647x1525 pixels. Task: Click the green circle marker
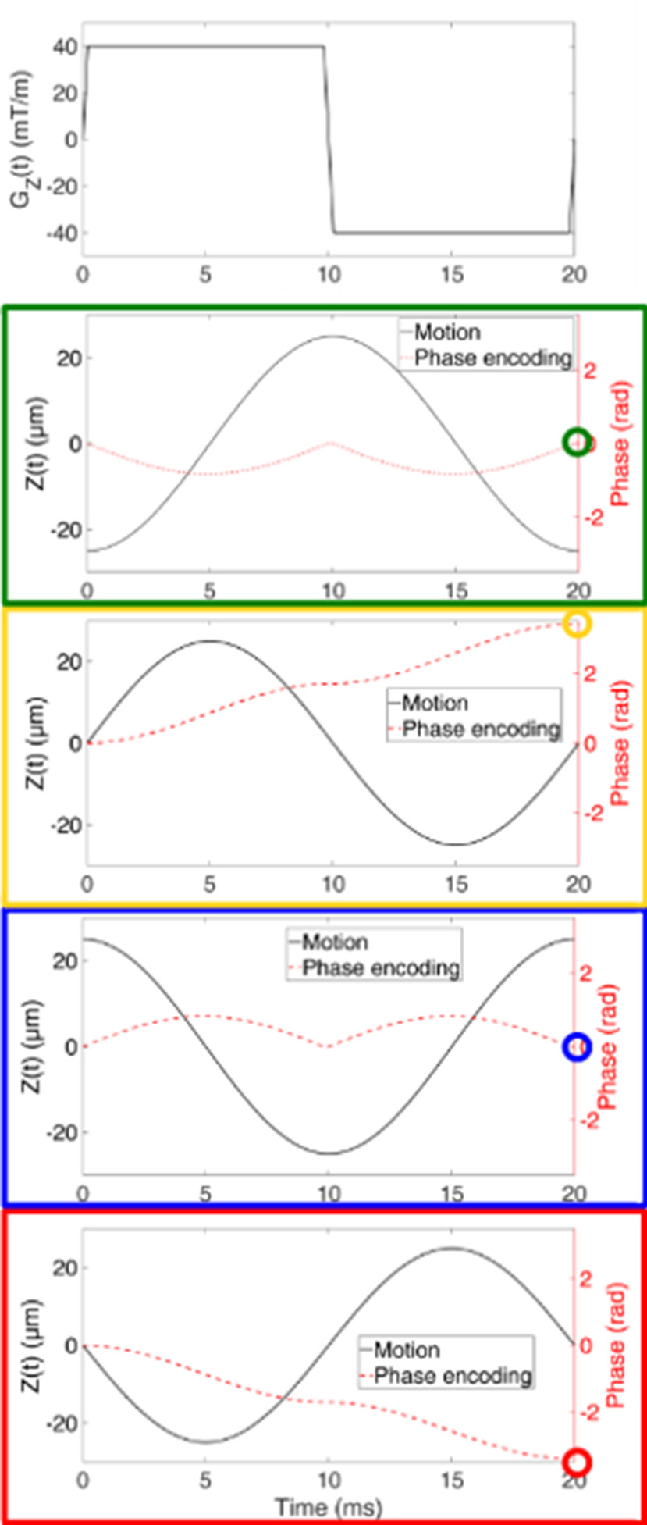(577, 443)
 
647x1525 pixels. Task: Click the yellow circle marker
(578, 623)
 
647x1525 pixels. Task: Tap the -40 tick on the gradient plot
(62, 233)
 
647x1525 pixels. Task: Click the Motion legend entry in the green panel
(447, 333)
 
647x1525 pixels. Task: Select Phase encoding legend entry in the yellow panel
(481, 729)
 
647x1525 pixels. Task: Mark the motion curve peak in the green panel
(332, 337)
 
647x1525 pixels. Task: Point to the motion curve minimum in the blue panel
(329, 1153)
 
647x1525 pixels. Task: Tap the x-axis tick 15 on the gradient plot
(453, 275)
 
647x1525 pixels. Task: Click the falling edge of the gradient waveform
(329, 141)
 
